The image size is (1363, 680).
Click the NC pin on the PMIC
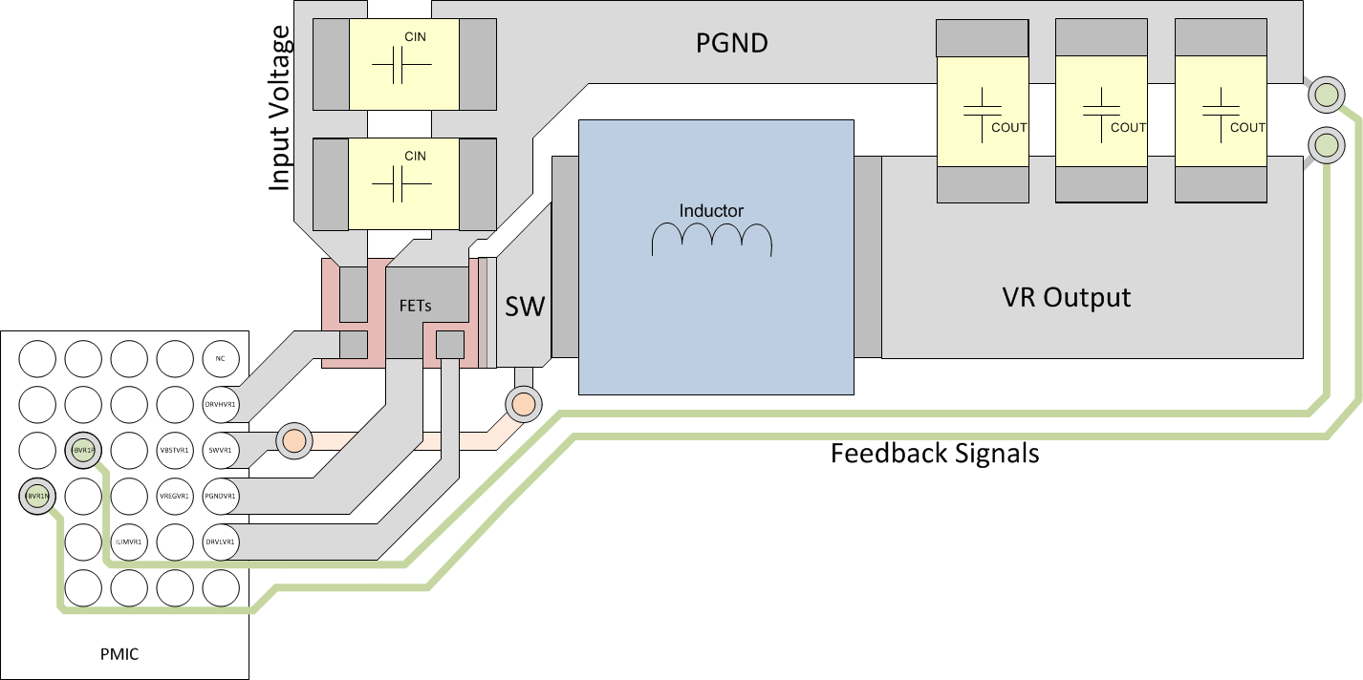[x=220, y=359]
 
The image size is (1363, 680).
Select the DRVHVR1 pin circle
[x=220, y=404]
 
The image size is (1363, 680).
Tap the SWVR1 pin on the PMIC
[x=220, y=450]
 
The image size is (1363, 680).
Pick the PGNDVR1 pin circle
[x=220, y=496]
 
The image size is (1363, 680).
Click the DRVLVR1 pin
[x=220, y=542]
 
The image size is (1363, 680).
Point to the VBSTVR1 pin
[x=174, y=450]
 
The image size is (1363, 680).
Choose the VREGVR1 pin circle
[x=174, y=496]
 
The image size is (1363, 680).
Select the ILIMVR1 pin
[x=128, y=542]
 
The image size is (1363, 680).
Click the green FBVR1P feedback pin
[x=83, y=450]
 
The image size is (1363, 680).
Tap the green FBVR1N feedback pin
[x=38, y=496]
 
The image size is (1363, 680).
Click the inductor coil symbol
[x=711, y=240]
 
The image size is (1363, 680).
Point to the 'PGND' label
[x=731, y=43]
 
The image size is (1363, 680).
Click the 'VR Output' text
[x=1066, y=297]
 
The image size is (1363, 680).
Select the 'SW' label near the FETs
[x=525, y=307]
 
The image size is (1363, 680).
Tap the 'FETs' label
[x=414, y=307]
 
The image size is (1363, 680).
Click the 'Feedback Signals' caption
[x=934, y=453]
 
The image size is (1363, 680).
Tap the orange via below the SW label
[x=523, y=405]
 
